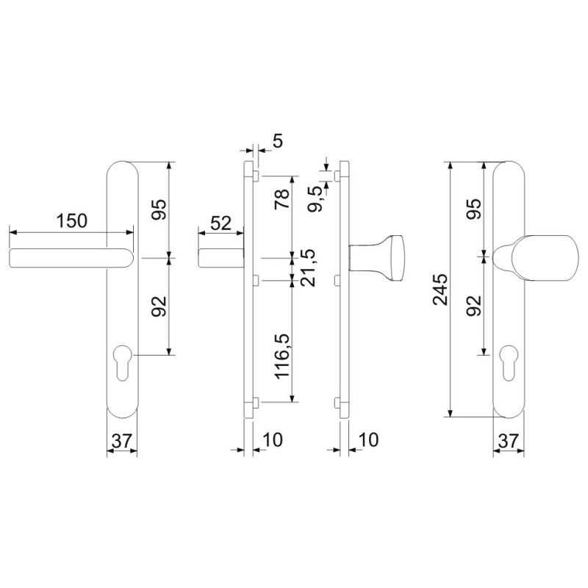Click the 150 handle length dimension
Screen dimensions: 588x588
(71, 221)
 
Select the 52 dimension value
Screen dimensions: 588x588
(221, 223)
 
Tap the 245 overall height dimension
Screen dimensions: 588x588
(440, 290)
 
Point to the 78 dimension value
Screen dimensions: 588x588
(282, 198)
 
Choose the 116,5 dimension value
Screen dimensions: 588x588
(283, 356)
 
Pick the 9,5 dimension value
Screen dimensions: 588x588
(316, 198)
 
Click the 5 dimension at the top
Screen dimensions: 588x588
(278, 141)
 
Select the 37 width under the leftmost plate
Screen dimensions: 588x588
(122, 441)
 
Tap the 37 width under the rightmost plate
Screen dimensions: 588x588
(509, 441)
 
